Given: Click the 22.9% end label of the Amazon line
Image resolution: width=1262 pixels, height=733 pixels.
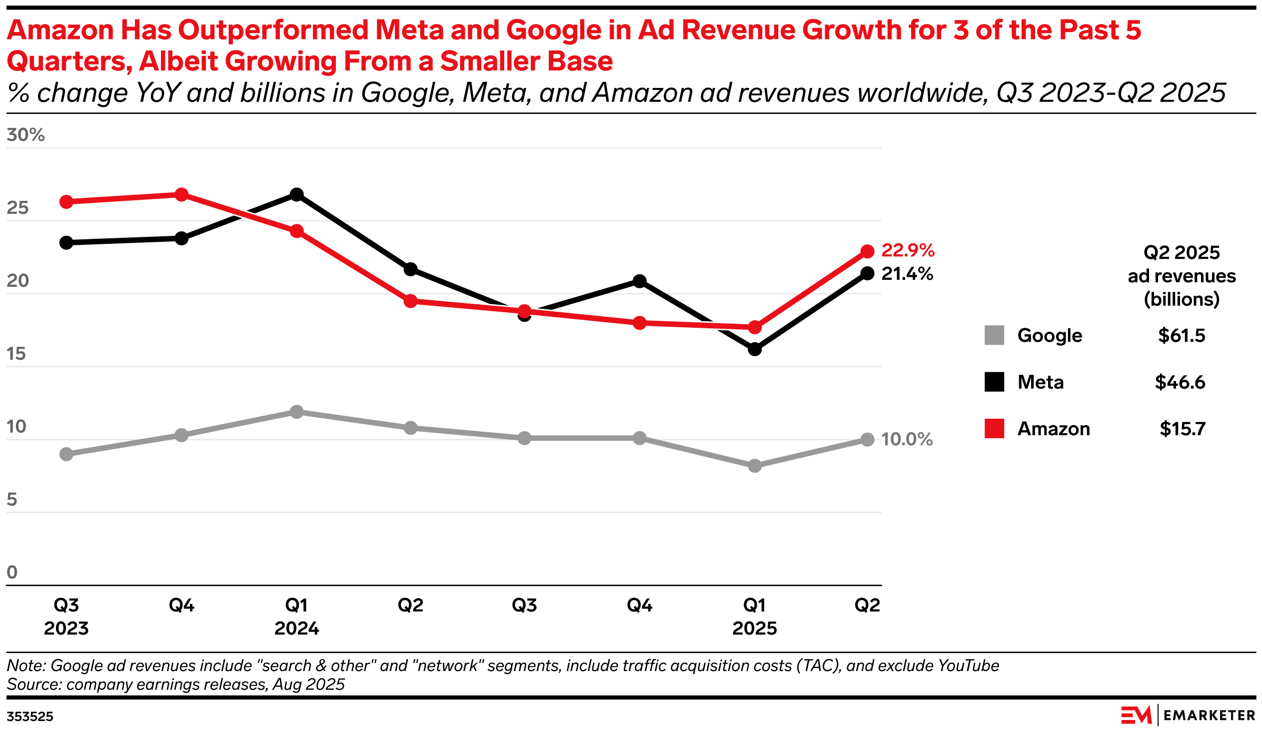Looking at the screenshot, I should [x=908, y=250].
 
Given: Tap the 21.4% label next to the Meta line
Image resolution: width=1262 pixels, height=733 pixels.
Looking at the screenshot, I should [x=907, y=274].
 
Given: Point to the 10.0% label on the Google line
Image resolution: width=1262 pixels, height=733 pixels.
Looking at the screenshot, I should [x=907, y=439].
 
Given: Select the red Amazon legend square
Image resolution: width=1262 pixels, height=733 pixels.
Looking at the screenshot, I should [x=994, y=429].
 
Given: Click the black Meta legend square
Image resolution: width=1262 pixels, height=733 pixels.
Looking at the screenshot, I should [x=994, y=382].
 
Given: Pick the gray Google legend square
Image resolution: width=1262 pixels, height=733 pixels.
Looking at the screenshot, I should [x=994, y=335].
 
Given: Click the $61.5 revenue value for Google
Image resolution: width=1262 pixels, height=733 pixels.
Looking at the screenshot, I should [x=1182, y=335].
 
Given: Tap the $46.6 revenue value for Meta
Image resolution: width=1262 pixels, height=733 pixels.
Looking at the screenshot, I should [x=1180, y=382].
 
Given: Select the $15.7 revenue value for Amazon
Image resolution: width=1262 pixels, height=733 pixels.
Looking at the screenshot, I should [x=1182, y=429].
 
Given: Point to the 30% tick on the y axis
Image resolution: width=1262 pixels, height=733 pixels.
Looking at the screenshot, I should [x=25, y=135].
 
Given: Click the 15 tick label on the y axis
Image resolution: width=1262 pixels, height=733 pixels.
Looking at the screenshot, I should [x=16, y=353].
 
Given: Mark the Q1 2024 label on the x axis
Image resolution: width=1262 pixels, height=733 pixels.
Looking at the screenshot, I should [x=296, y=617].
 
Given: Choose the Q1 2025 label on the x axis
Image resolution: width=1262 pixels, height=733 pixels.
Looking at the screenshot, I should [x=754, y=617].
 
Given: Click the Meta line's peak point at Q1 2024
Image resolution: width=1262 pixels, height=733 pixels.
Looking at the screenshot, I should [x=296, y=194].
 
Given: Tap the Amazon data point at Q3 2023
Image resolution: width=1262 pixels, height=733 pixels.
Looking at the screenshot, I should [x=66, y=202].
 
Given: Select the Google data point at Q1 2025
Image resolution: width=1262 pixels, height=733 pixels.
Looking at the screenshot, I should [x=755, y=466].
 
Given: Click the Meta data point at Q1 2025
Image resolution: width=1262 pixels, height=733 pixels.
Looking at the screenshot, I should [x=755, y=349].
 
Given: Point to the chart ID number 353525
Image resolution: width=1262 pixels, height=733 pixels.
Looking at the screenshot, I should [x=30, y=717].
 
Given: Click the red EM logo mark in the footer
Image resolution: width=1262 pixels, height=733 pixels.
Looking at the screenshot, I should [x=1136, y=715].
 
